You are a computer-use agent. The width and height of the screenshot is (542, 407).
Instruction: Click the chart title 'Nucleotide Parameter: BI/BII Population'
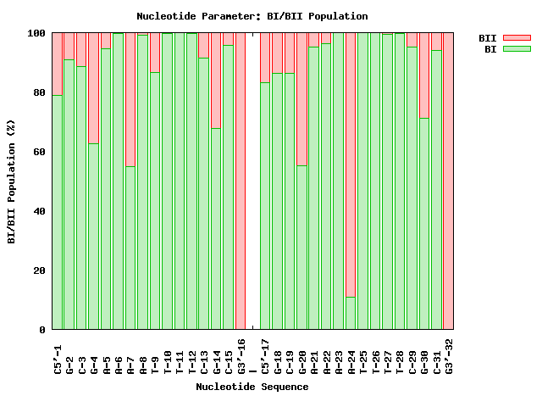coord(252,16)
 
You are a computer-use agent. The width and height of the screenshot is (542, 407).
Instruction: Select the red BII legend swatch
coord(516,38)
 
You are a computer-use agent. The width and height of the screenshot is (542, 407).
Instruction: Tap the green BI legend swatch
coord(516,49)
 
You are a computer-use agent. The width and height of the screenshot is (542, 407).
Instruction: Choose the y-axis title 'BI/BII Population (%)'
coord(11,181)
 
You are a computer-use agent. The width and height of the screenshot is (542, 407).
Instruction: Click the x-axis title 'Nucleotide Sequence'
coord(252,387)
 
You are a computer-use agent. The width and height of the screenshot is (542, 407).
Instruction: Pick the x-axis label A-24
coord(351,357)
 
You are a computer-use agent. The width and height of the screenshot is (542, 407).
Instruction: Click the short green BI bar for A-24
coord(351,313)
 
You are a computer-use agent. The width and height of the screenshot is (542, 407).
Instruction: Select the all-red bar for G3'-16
coord(241,181)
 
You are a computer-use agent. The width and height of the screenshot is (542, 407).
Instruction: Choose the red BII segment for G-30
coord(424,75)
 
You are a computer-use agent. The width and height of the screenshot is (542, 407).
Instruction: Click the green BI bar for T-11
coord(180,181)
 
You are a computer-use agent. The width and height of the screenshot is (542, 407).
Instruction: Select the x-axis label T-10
coord(168,357)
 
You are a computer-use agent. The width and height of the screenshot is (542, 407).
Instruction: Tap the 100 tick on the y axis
coord(36,33)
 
